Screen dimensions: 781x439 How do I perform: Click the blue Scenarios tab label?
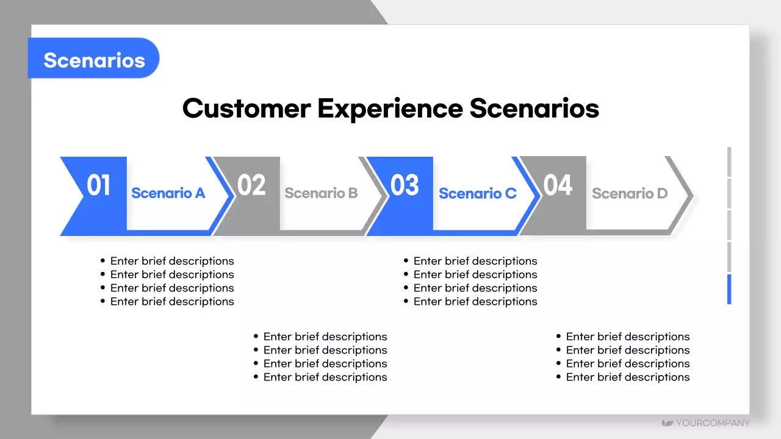point(94,60)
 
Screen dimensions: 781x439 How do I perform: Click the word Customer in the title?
point(247,109)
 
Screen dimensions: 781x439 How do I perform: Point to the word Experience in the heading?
point(390,109)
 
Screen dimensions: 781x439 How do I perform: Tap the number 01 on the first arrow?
point(99,185)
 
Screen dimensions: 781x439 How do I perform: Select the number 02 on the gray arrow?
point(251,185)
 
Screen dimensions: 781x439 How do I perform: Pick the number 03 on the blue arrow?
point(405,185)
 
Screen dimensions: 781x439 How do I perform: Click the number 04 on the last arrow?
point(558,185)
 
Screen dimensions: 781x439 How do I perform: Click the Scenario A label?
point(168,193)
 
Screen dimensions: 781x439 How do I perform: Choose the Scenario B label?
point(321,193)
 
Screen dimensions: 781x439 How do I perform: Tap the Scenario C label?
point(478,193)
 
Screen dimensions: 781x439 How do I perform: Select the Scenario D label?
point(630,193)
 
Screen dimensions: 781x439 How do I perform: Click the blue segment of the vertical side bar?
point(729,289)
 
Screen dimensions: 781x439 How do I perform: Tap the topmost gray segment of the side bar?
point(729,162)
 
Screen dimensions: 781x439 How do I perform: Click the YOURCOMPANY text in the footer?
point(713,423)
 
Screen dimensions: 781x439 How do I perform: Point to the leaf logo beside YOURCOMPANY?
point(668,423)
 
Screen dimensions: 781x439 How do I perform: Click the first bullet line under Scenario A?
point(167,261)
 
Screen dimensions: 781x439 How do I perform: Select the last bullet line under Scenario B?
point(320,377)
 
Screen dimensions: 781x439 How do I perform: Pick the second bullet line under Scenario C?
point(470,274)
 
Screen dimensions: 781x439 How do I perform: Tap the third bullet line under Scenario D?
point(623,363)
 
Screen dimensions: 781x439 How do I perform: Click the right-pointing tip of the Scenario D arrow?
point(693,196)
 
